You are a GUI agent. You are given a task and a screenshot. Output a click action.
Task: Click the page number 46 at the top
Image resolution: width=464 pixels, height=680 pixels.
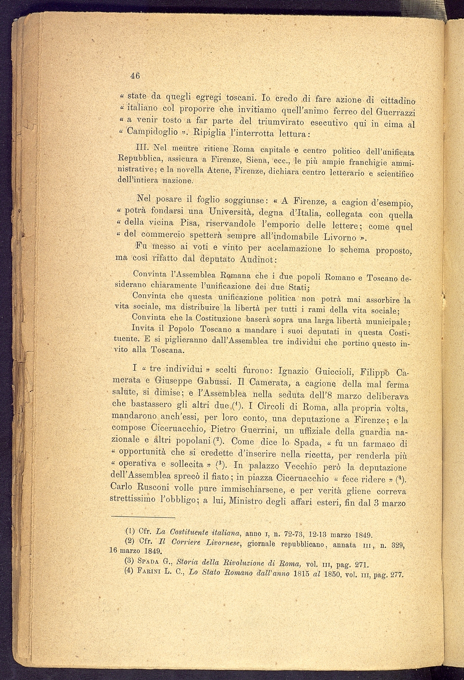tap(135, 75)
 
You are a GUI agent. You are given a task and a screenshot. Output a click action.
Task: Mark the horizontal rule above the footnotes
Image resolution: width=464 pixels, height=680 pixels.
tap(143, 517)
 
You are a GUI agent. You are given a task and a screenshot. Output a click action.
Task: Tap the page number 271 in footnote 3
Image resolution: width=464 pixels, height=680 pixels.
tap(358, 565)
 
